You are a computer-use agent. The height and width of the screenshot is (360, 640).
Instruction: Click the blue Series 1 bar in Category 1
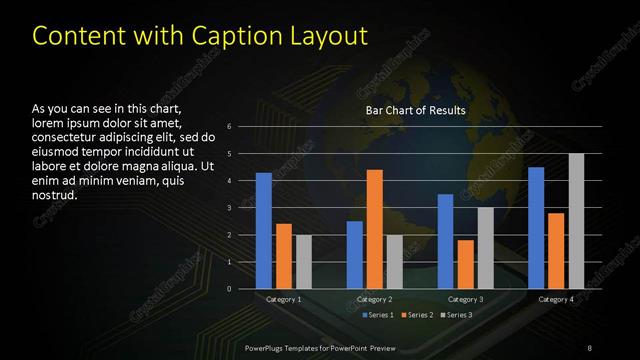point(263,230)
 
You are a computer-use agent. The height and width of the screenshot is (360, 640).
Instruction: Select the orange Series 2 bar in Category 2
point(375,229)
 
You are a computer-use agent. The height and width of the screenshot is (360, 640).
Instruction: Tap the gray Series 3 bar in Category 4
point(576,221)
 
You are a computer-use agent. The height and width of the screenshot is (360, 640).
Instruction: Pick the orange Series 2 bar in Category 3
point(465,264)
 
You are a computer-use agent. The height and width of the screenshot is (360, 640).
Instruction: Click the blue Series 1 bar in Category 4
point(536,227)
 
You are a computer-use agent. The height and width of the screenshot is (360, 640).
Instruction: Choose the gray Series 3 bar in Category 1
point(303,261)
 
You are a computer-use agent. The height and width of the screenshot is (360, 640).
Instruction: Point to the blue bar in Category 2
point(355,254)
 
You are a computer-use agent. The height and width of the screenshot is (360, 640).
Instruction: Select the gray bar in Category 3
point(485,247)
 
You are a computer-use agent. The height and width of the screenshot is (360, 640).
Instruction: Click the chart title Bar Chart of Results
point(416,109)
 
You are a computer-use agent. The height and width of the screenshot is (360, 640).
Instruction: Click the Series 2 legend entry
point(416,315)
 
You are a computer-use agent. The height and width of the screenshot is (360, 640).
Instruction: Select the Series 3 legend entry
point(457,315)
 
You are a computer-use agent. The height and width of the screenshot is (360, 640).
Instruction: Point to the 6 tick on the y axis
point(229,127)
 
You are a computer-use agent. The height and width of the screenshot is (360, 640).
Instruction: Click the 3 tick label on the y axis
point(229,208)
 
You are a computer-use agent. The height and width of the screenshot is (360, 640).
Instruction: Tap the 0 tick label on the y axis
point(229,289)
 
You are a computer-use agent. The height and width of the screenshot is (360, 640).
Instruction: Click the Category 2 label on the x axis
point(375,299)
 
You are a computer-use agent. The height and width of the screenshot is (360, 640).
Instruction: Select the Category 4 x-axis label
point(556,299)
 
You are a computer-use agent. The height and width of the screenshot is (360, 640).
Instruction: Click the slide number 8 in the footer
point(588,348)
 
